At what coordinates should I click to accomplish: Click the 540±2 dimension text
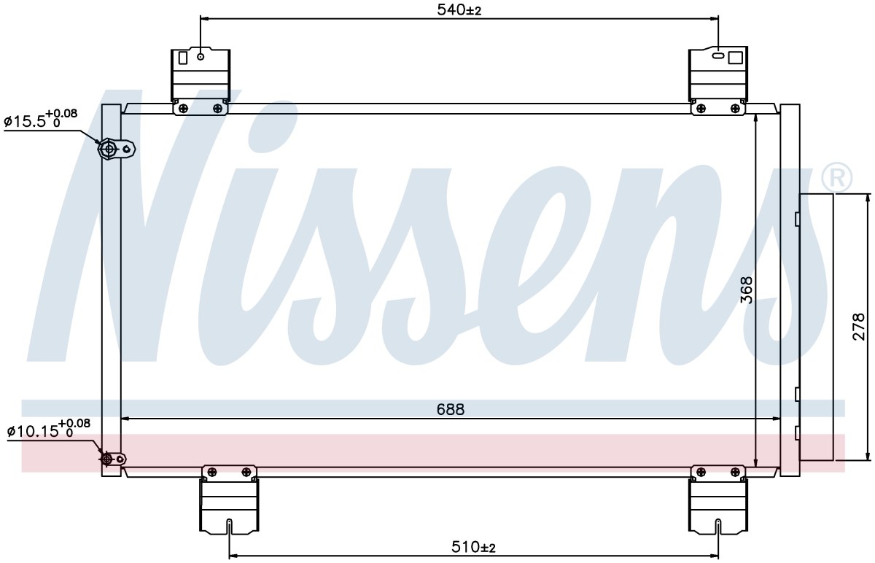tap(459, 9)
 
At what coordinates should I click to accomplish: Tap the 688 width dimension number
tap(451, 409)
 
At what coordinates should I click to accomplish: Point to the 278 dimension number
tap(860, 327)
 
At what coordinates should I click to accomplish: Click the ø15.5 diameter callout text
tap(41, 118)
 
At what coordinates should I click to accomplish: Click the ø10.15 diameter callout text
tap(48, 428)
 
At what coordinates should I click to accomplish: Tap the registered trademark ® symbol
tap(837, 178)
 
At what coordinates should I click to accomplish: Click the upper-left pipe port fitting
tap(117, 149)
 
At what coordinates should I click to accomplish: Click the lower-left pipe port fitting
tap(113, 459)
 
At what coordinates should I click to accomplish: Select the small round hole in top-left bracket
tap(201, 57)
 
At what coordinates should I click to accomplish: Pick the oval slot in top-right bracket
tap(718, 56)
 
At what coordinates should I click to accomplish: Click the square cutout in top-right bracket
tap(736, 58)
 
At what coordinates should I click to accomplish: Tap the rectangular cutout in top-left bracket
tap(183, 58)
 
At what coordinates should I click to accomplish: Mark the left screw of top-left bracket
tap(183, 108)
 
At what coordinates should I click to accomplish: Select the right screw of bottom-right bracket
tap(735, 472)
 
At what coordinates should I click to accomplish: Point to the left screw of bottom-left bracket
tap(211, 472)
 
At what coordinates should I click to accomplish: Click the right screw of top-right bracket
tap(735, 108)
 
